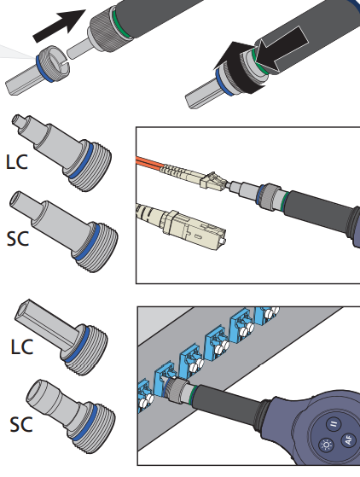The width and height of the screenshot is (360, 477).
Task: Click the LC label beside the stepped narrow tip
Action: tap(17, 162)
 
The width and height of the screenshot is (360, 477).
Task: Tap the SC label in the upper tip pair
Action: tap(18, 239)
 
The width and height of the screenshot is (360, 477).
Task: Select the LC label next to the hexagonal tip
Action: tap(22, 346)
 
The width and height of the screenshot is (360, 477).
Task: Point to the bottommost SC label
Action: tap(21, 425)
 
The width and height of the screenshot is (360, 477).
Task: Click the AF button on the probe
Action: tap(348, 440)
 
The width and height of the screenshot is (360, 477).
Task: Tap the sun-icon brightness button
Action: tap(327, 445)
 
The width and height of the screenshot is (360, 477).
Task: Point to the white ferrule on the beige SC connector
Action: tap(224, 241)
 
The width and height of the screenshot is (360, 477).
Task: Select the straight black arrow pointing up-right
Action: tap(60, 26)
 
